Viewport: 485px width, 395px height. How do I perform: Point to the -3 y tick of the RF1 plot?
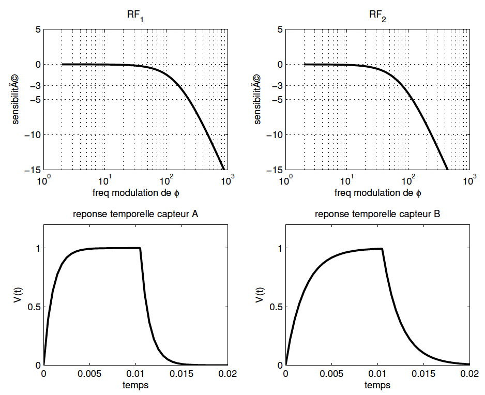point(33,86)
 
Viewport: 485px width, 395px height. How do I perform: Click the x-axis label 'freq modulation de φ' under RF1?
point(136,193)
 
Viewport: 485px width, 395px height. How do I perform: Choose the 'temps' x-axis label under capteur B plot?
point(377,385)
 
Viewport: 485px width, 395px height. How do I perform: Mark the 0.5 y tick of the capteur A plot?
point(33,307)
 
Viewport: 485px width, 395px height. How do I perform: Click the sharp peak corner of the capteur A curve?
point(140,248)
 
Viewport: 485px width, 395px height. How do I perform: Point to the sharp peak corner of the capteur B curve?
point(382,249)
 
